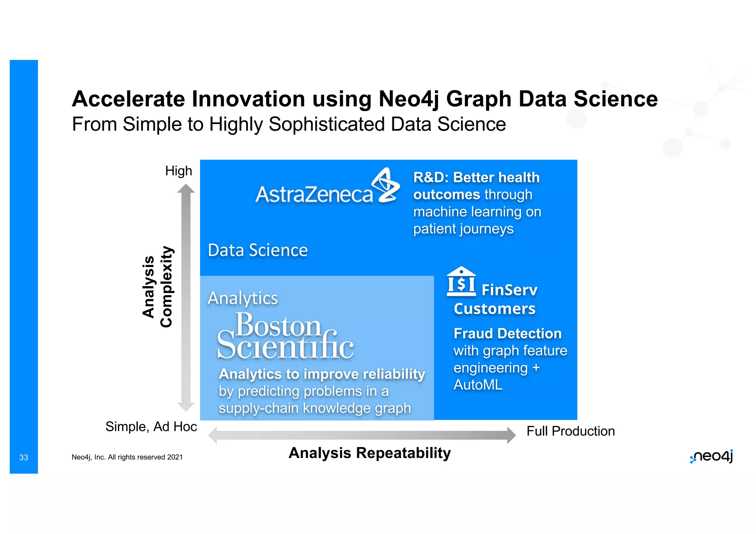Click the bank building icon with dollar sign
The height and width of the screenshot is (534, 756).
(x=461, y=282)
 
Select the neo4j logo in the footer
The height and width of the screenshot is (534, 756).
(x=712, y=457)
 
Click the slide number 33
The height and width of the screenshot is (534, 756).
(x=24, y=458)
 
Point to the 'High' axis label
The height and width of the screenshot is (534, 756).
(x=179, y=171)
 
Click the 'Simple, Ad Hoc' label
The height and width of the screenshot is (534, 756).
(x=151, y=427)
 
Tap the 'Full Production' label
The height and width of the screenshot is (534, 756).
(x=570, y=431)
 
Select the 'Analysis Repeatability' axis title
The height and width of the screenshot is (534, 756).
(x=370, y=453)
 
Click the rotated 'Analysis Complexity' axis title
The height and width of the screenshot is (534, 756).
(x=157, y=287)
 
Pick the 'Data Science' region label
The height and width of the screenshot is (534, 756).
(x=258, y=250)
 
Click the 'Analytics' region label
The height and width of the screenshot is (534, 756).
(x=243, y=298)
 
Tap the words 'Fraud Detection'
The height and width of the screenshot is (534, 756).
(x=508, y=334)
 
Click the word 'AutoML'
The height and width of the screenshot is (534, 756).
(x=478, y=385)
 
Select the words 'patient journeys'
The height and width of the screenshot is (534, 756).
(x=463, y=229)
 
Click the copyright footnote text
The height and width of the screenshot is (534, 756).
(x=127, y=457)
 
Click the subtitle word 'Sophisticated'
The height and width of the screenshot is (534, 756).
(x=327, y=124)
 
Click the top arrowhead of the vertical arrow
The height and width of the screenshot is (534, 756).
(x=186, y=189)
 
